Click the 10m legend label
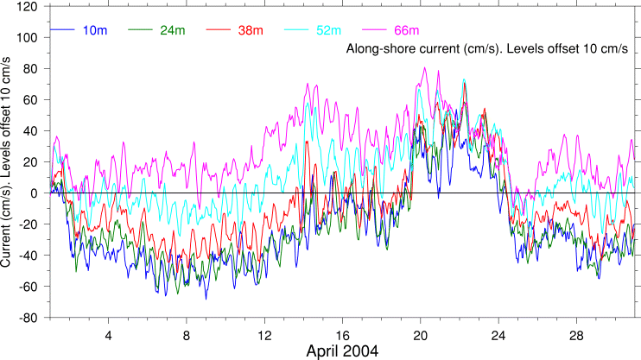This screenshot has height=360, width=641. point(95,31)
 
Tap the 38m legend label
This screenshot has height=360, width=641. point(251,31)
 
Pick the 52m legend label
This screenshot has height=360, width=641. point(327,31)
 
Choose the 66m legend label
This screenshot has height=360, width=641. point(406,31)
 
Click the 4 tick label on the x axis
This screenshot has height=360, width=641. point(108,333)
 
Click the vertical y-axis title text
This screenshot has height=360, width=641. point(8,159)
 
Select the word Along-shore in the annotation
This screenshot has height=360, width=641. point(377,49)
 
